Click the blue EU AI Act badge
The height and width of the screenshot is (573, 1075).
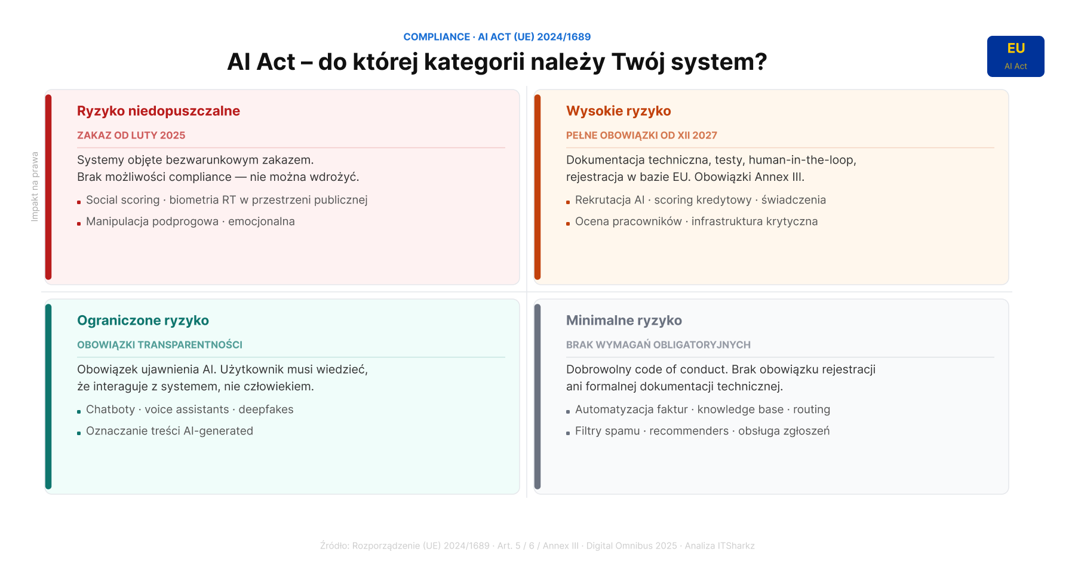point(1015,56)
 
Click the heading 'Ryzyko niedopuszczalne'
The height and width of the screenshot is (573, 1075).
point(158,111)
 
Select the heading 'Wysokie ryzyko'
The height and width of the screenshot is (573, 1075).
point(618,111)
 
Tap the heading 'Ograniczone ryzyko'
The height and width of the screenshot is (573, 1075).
point(143,321)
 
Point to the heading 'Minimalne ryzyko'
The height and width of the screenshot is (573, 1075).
point(623,321)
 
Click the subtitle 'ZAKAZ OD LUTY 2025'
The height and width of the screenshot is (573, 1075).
point(131,135)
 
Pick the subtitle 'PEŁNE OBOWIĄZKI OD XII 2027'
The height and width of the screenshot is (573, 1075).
point(641,135)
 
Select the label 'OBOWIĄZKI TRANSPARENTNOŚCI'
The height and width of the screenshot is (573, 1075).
point(159,345)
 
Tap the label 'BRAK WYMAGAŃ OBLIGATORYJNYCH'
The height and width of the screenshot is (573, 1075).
point(658,345)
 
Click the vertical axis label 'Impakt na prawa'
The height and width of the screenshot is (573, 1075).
point(35,187)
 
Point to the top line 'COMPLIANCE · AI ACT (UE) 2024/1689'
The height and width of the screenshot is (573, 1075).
point(497,37)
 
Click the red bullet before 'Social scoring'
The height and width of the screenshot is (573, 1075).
point(79,202)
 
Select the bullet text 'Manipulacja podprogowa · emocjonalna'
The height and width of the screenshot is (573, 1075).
point(191,221)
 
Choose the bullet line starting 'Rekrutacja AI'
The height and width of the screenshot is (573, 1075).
point(701,200)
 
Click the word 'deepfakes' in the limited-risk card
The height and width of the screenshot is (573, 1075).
point(266,409)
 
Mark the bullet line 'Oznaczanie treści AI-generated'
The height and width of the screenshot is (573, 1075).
point(170,431)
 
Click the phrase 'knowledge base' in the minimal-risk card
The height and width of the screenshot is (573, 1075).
point(741,409)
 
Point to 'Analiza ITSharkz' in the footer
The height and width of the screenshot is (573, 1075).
point(720,546)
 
